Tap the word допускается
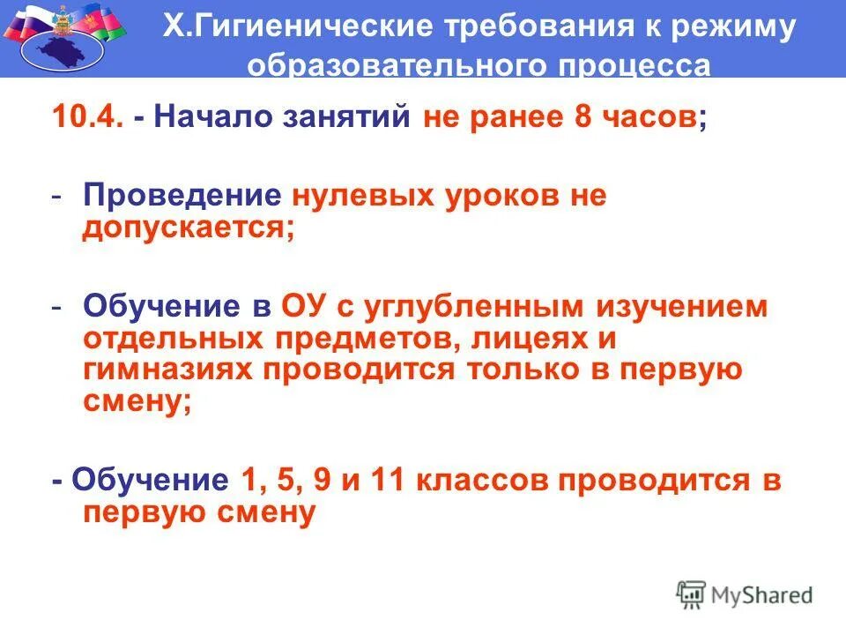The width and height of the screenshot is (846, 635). pos(186,228)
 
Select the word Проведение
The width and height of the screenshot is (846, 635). pos(182,196)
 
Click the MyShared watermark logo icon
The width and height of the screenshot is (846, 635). pos(691,594)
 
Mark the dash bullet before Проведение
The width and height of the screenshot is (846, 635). pos(56,196)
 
